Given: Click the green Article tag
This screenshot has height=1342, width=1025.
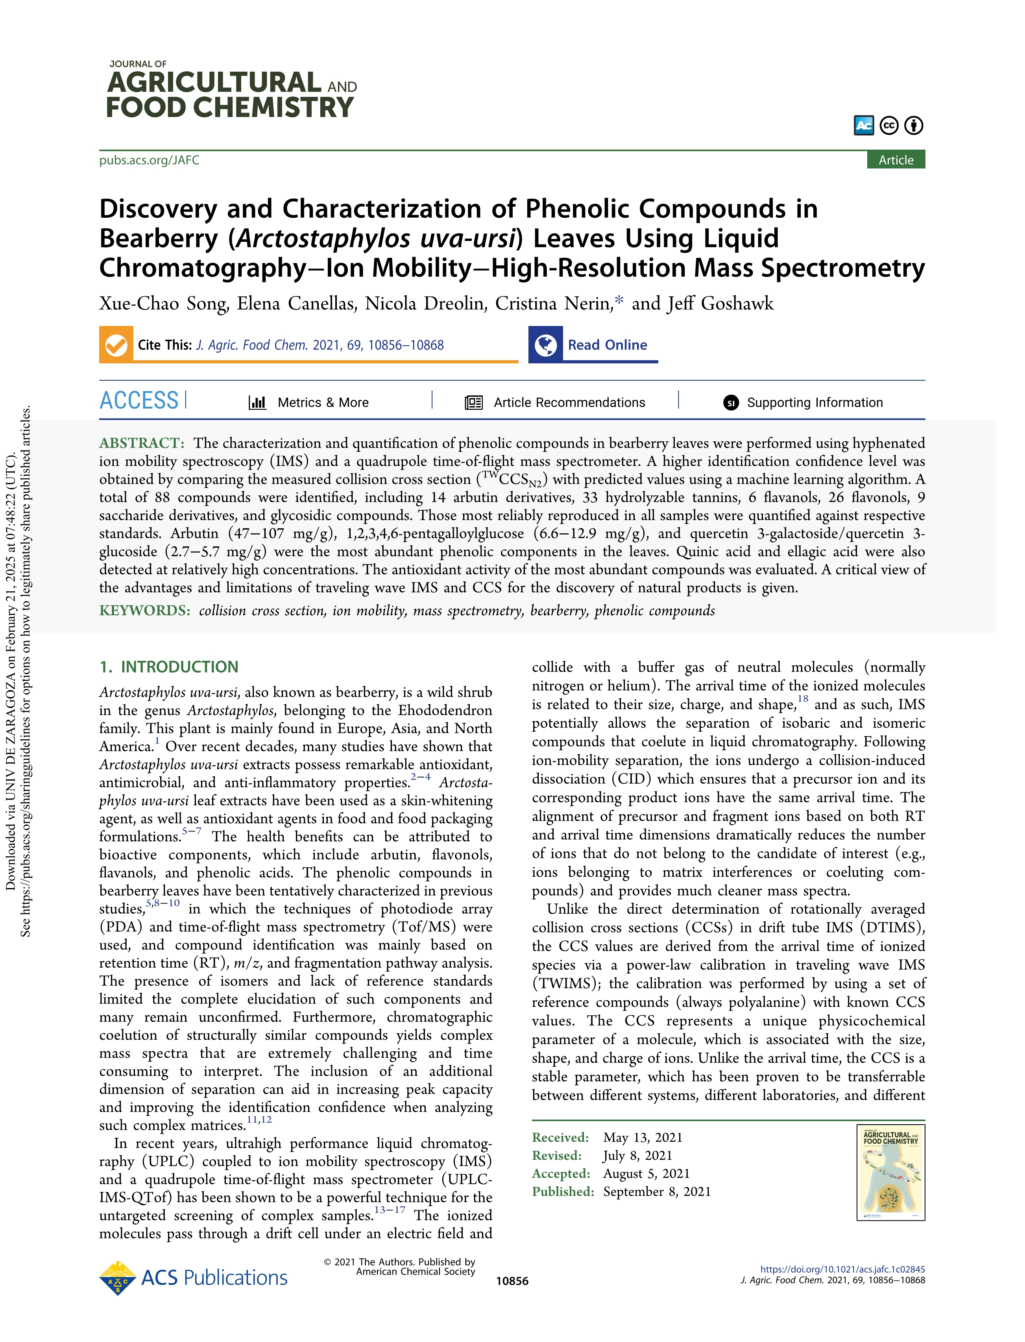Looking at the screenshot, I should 895,160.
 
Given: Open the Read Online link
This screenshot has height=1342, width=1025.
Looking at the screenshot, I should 607,345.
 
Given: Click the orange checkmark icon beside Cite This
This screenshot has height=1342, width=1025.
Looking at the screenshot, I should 116,345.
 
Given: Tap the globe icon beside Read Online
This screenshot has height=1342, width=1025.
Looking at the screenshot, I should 545,345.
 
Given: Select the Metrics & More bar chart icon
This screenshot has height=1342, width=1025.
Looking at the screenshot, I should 257,403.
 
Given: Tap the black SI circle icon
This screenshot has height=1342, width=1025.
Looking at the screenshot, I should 730,403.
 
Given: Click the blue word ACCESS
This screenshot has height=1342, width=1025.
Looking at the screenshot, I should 139,401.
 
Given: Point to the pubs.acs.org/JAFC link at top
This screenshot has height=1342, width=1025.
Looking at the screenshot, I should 150,160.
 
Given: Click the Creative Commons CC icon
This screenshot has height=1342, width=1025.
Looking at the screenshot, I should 889,126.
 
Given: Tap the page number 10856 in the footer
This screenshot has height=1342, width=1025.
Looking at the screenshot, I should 512,1281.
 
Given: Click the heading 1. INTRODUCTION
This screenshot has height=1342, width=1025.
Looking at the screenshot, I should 169,667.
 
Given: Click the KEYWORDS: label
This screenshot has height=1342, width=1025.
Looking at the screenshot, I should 145,611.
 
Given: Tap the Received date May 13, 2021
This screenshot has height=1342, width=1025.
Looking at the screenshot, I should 643,1138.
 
